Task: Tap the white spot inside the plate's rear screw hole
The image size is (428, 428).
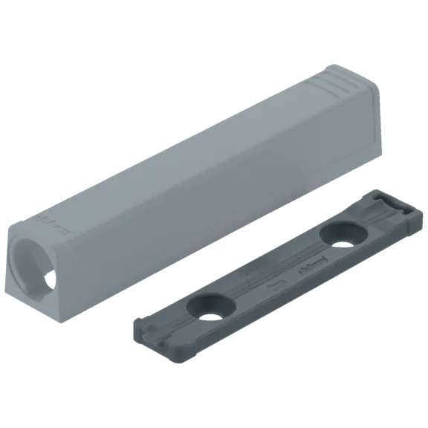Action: (x=346, y=239)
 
